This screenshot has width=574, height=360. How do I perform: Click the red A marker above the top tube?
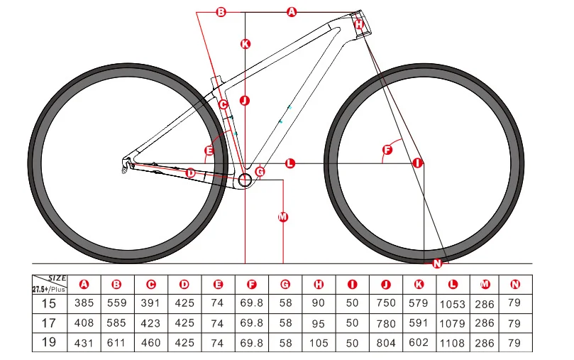pos(292,11)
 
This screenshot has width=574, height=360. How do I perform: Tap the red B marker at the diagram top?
pos(221,11)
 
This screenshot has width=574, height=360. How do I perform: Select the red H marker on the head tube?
pos(359,23)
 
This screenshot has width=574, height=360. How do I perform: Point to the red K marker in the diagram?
pos(245,43)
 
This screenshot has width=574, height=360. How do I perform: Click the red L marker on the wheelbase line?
pos(289,163)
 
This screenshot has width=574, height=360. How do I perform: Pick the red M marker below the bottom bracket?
pos(282,217)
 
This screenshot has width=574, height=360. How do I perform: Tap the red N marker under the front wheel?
pos(436,263)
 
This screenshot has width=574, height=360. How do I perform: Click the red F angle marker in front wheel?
pos(387,150)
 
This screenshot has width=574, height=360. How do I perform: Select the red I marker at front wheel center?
pos(417,163)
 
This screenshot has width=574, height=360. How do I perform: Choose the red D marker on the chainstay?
pos(190,173)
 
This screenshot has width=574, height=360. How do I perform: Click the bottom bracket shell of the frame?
pos(245,180)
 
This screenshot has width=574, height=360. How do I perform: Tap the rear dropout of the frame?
pos(126,164)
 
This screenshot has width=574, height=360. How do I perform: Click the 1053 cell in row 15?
pos(453,304)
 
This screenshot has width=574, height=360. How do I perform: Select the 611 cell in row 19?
pos(117,342)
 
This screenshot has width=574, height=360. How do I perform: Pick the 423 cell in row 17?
pos(150,323)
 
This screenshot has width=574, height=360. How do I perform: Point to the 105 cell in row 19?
pos(319,342)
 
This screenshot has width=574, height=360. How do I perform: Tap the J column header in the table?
pos(385,285)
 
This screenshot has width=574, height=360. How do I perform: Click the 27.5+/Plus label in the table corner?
pos(48,289)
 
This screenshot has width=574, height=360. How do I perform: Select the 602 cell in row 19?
pos(419,342)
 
